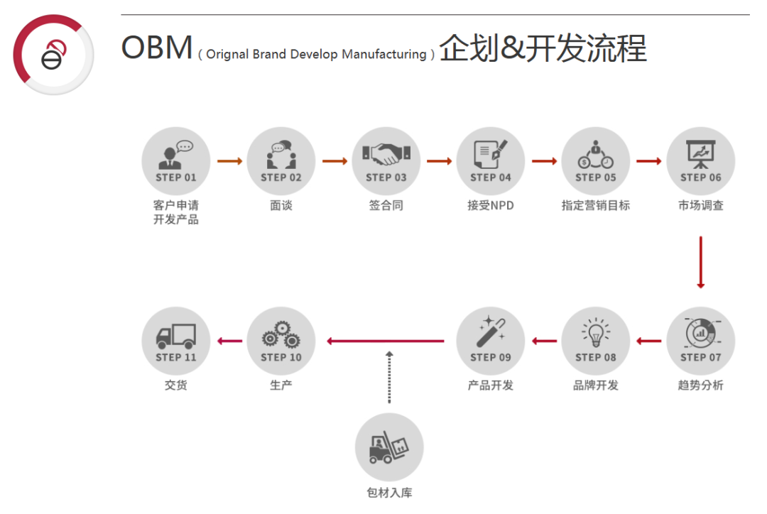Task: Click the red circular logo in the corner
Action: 53,55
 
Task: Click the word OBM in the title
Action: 157,48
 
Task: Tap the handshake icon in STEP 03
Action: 386,152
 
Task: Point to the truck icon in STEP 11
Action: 175,335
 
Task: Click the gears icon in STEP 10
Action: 281,334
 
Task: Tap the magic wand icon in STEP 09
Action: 491,332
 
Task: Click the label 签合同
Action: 386,206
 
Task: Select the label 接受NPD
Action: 491,206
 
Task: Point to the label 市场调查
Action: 700,206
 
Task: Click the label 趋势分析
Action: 700,385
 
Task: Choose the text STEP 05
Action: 595,177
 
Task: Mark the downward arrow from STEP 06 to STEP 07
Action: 700,262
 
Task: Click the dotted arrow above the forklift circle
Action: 388,377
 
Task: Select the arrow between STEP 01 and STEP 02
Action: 229,161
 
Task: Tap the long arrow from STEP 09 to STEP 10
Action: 386,341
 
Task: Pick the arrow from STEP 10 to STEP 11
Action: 229,341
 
